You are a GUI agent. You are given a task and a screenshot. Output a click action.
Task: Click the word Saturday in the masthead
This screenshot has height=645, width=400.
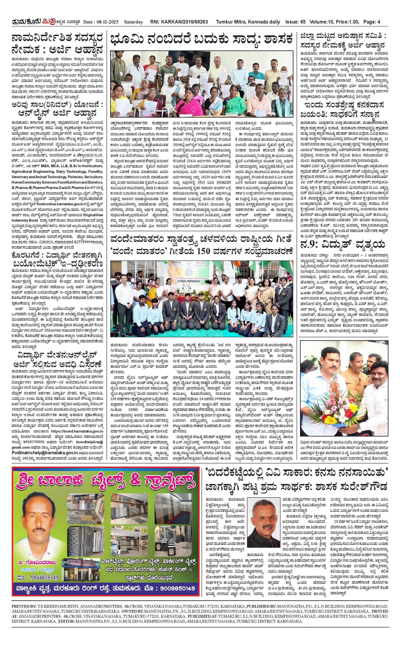134,22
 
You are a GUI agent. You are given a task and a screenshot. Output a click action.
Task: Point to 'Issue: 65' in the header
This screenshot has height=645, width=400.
295,22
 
